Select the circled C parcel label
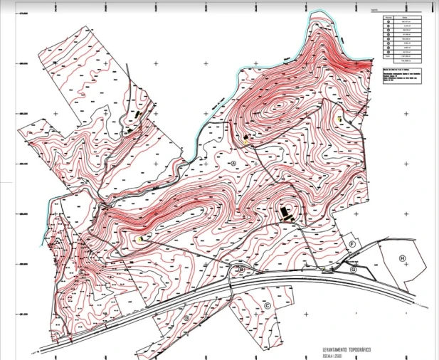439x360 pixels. [x=267, y=305]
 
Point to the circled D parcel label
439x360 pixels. [x=186, y=318]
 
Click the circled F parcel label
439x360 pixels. [x=351, y=243]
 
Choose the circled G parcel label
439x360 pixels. [x=354, y=270]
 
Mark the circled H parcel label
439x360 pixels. [x=402, y=258]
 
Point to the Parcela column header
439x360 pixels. [x=388, y=16]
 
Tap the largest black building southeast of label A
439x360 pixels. [x=285, y=213]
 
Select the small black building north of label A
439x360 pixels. [x=245, y=136]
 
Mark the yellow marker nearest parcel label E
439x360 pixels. [x=140, y=239]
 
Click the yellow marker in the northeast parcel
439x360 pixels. [x=341, y=119]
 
